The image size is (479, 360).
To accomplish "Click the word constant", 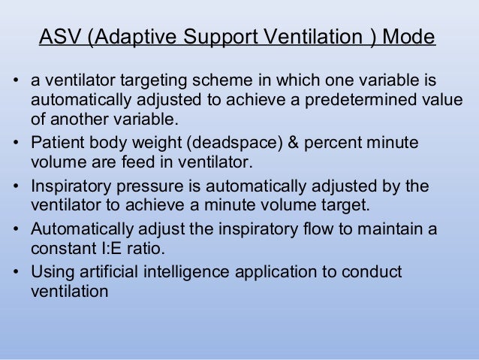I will pos(58,248).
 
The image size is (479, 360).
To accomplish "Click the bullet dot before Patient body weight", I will pos(16,143).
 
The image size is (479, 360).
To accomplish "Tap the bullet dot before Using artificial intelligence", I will pos(16,271).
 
